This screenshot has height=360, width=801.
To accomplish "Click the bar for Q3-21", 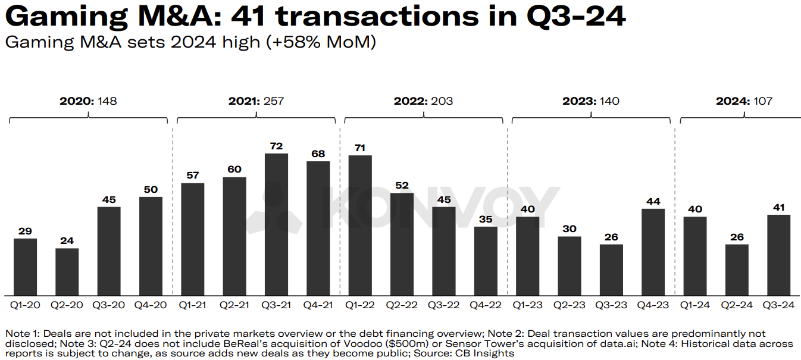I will coord(276,224).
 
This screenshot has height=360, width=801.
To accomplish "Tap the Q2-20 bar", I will coord(67,271).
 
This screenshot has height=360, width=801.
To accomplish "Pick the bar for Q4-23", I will coord(653,252).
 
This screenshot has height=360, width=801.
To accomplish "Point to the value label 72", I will coord(276,146).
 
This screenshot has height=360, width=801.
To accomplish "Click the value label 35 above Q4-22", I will coord(486,219).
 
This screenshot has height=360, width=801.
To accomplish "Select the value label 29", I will coord(25,231).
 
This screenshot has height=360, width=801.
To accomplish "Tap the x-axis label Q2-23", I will coord(570,305).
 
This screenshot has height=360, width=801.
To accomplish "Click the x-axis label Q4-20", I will coord(151,305).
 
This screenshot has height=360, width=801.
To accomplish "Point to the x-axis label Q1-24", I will coord(695,305).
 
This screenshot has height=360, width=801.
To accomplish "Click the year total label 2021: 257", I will coord(256,101).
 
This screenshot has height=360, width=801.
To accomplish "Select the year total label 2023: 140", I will coord(590,101).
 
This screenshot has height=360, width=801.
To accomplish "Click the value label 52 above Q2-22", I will coord(402,185).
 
